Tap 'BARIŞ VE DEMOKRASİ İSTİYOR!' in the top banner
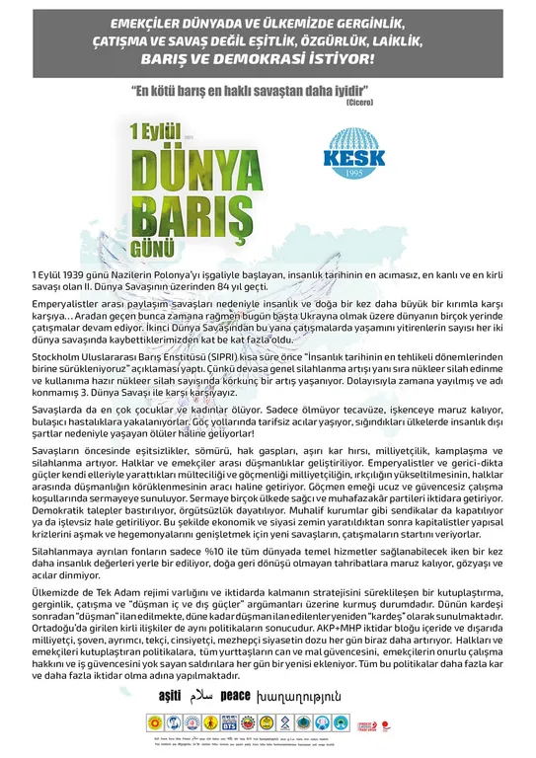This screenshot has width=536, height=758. (x=268, y=61)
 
